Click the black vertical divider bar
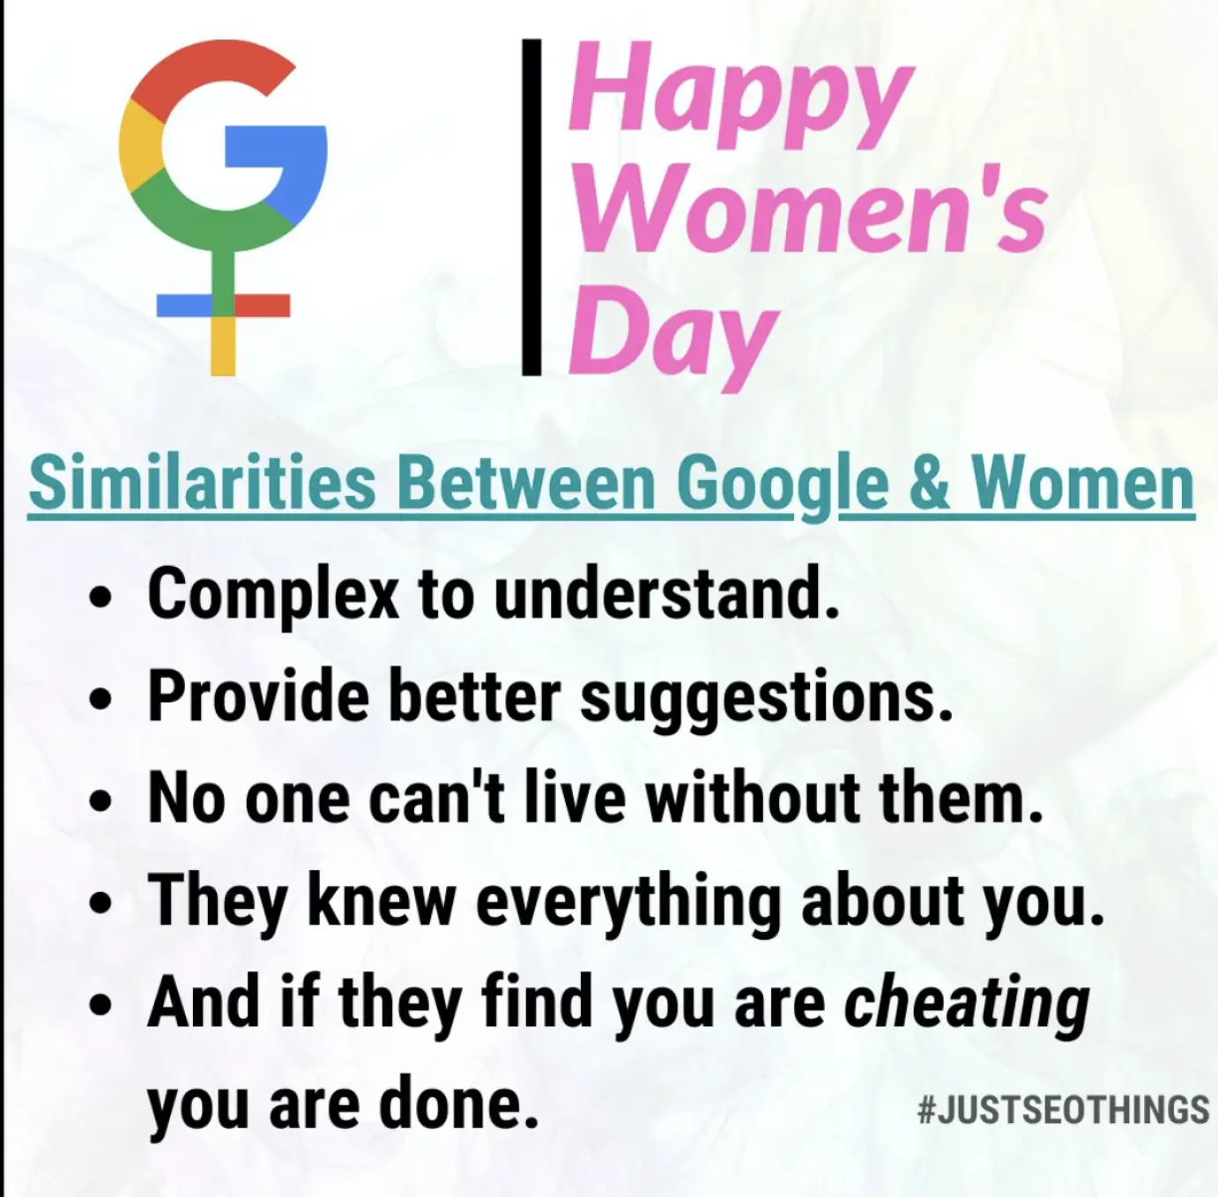point(532,207)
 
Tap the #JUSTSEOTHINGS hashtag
point(1062,1111)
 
